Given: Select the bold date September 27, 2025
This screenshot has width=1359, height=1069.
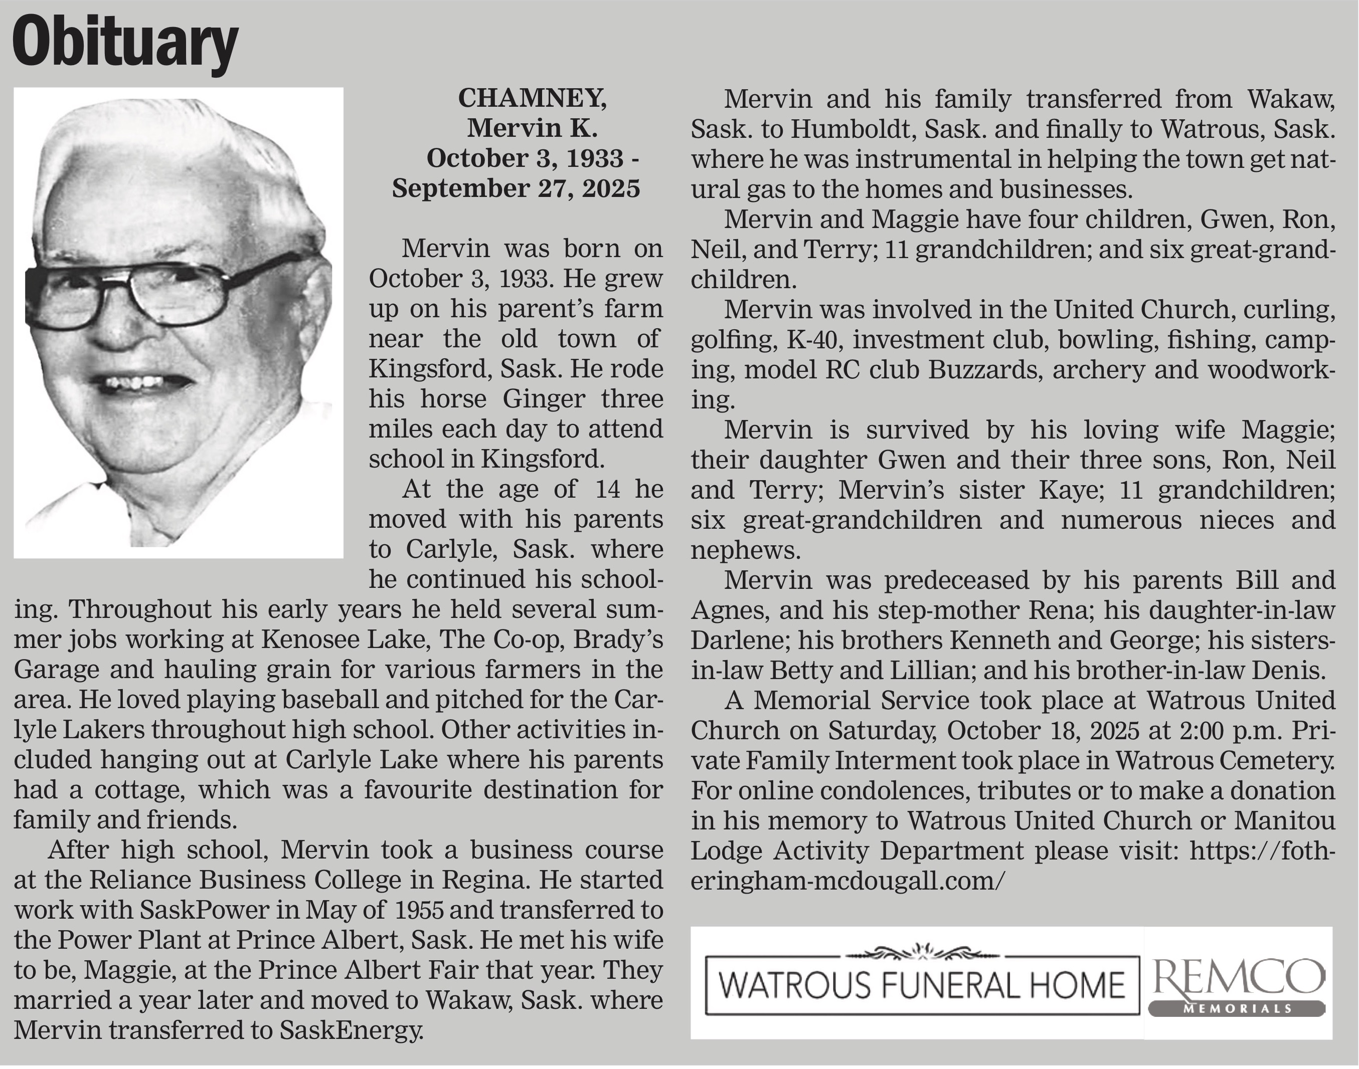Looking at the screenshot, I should point(516,188).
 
